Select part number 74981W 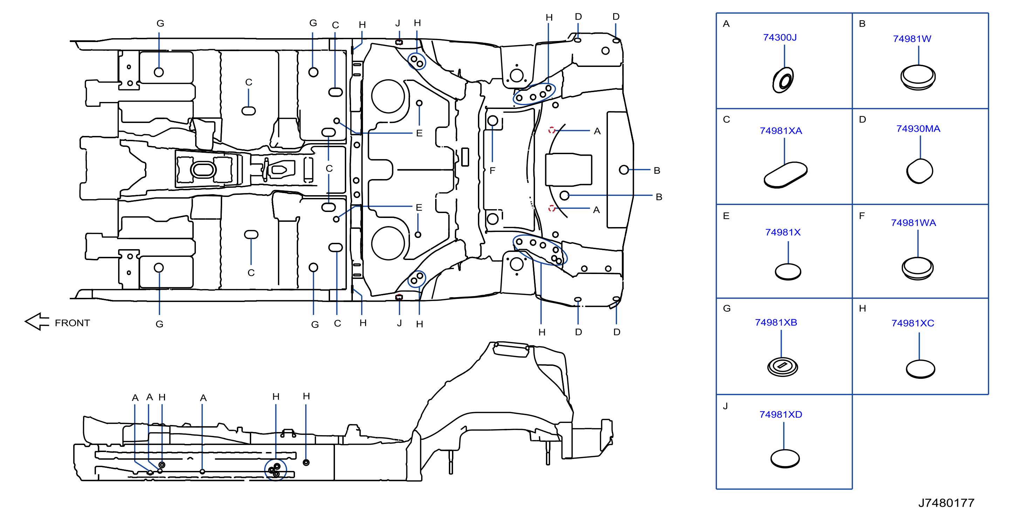912,39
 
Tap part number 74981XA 781,131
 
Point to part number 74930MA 918,129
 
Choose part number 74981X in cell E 782,232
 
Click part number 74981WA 913,223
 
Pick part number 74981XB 776,322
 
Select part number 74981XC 912,323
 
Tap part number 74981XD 781,415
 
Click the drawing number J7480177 946,503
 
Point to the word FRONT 73,323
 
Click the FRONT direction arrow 37,322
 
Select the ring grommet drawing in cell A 783,80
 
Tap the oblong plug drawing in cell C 785,175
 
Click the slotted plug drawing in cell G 782,367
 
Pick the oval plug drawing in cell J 785,459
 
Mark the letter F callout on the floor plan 492,170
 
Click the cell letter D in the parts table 862,119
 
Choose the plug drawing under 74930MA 919,171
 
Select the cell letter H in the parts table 862,308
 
